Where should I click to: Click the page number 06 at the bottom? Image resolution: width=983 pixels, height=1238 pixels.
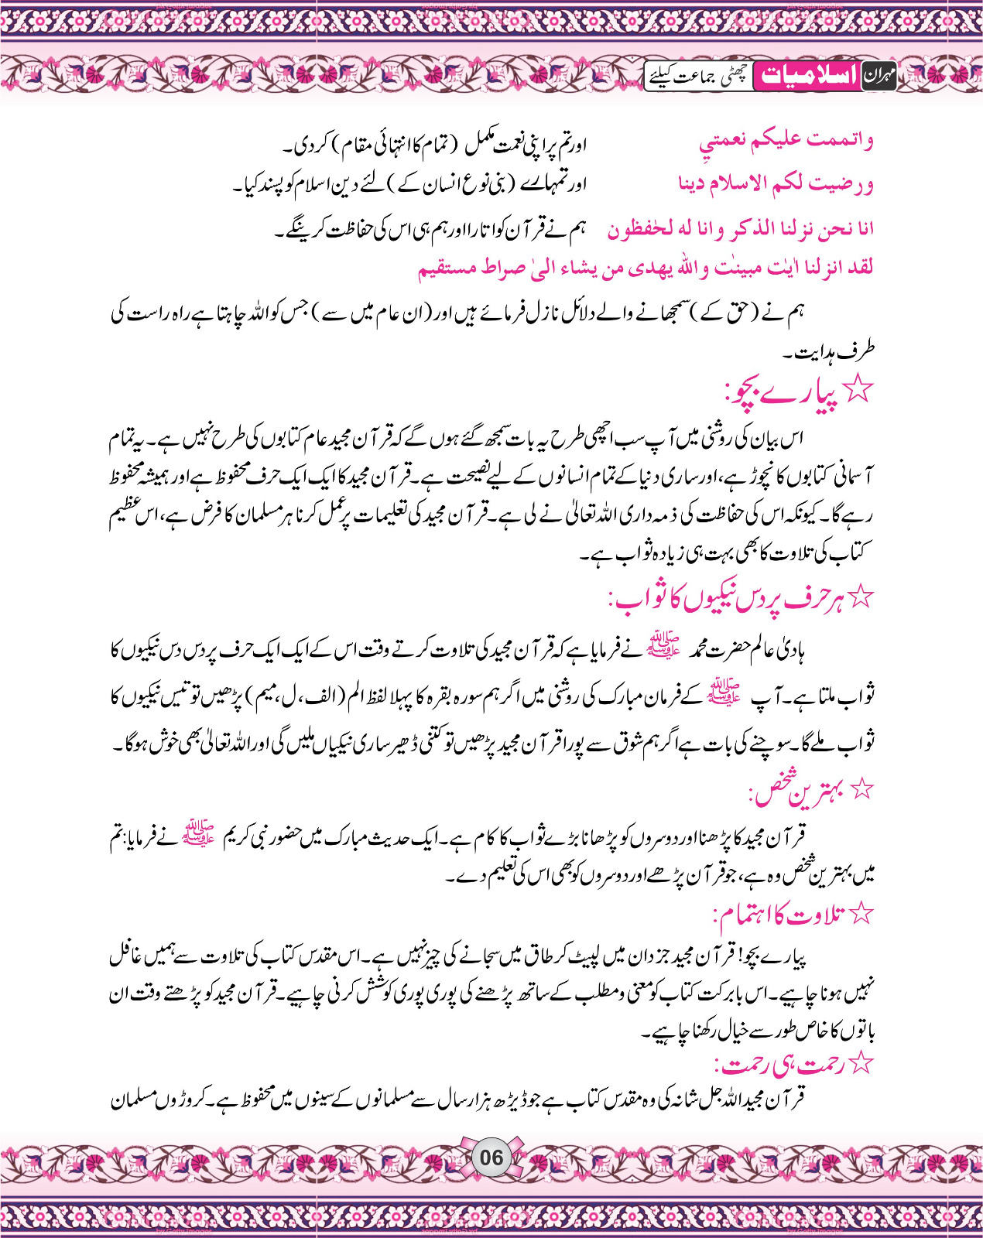click(491, 1158)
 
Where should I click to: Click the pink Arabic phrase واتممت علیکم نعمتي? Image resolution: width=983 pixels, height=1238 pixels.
click(786, 141)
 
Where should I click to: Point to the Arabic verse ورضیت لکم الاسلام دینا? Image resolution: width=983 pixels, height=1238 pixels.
click(776, 184)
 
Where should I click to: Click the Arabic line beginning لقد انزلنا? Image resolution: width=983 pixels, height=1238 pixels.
click(646, 268)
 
